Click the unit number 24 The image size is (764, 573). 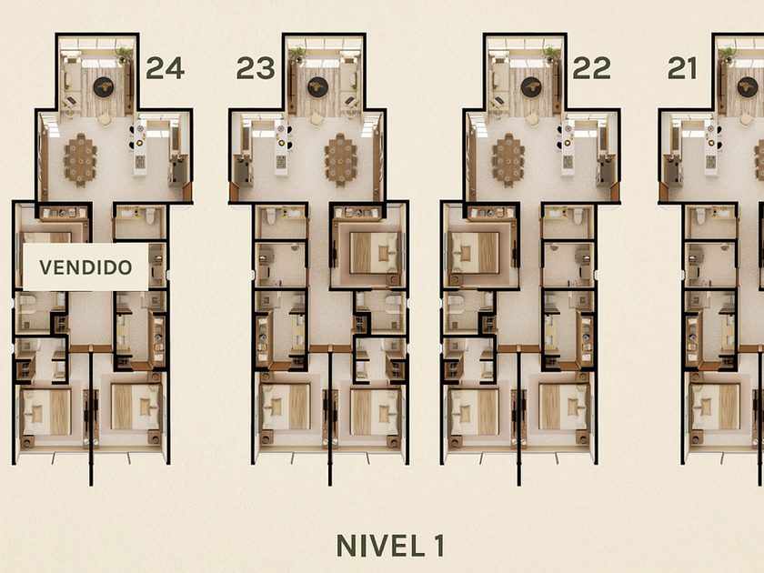click(166, 68)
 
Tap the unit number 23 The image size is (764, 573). click(256, 68)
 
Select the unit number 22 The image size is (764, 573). click(591, 68)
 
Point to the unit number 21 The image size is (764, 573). click(682, 68)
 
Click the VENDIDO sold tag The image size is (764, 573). click(85, 267)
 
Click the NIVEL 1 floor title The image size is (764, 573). click(390, 546)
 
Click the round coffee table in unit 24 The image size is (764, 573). click(104, 87)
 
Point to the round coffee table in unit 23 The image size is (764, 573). click(317, 87)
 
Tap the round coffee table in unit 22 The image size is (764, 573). click(531, 87)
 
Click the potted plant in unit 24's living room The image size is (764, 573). click(124, 54)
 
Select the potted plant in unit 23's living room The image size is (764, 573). click(297, 54)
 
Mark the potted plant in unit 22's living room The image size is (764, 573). click(551, 54)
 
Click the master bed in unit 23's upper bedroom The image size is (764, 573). click(375, 253)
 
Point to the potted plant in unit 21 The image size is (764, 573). click(728, 54)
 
